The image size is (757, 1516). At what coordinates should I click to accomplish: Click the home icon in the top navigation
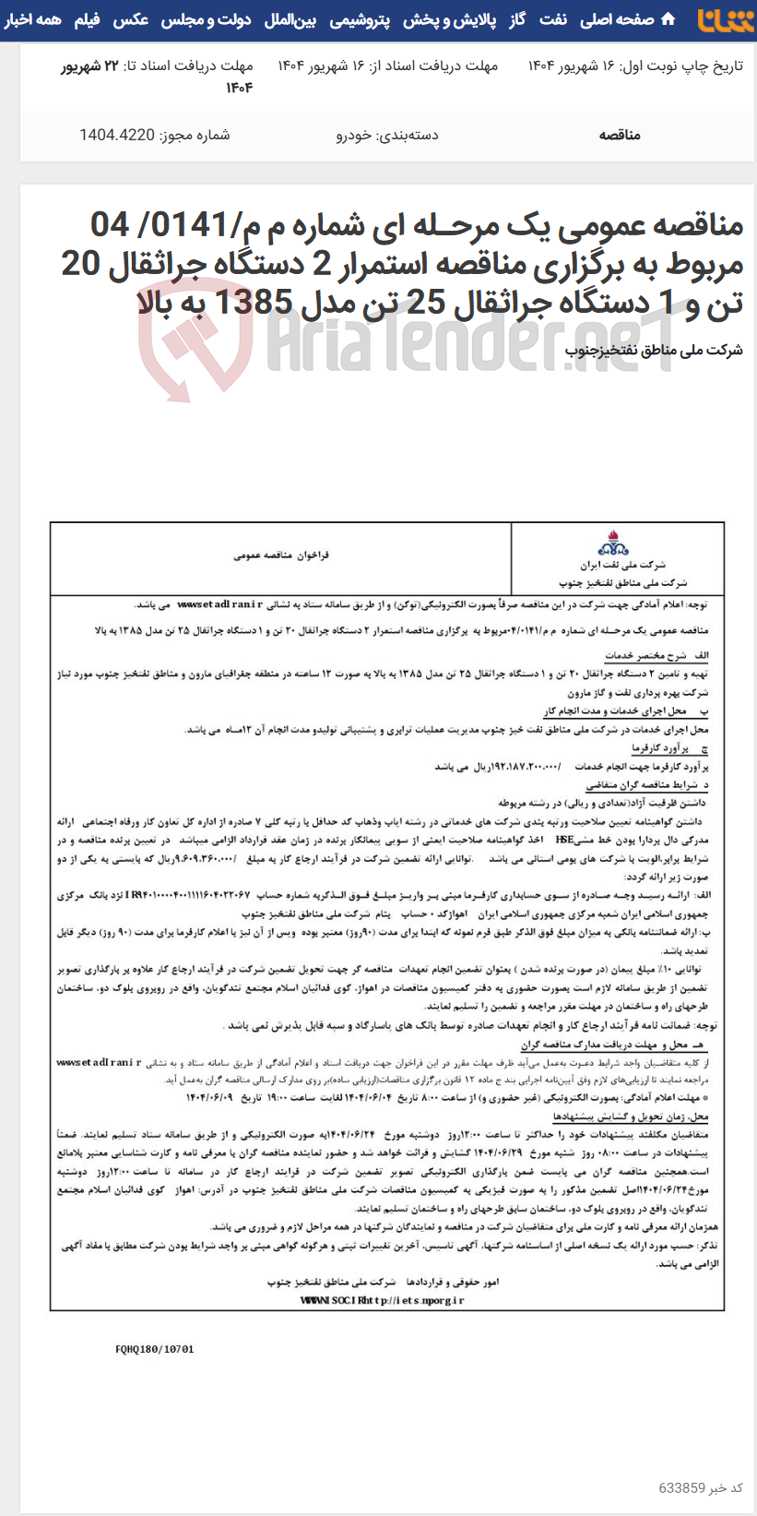tap(668, 19)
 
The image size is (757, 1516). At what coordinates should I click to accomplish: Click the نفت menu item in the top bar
tap(553, 19)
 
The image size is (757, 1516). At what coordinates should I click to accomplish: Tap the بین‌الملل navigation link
tap(290, 19)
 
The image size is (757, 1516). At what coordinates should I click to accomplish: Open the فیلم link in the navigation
tap(88, 19)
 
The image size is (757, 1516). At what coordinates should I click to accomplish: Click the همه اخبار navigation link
tap(33, 19)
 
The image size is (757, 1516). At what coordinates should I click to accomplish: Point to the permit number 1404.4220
tap(117, 136)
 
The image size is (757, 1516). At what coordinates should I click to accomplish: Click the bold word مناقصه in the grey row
tap(620, 136)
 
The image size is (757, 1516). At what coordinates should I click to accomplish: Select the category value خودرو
tap(354, 136)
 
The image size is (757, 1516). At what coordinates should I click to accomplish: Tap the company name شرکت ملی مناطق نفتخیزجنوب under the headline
tap(654, 350)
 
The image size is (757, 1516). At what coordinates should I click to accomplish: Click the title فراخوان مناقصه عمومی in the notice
tap(281, 555)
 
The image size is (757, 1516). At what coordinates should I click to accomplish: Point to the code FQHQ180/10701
tap(155, 1349)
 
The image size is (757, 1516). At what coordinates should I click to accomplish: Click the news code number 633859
tap(681, 1488)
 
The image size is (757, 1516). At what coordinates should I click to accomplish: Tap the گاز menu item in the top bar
tap(516, 19)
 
